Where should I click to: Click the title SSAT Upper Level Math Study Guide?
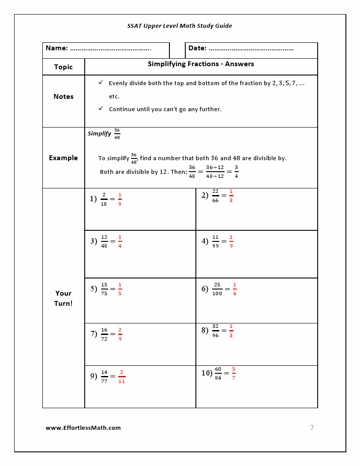(180, 26)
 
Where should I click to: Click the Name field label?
(57, 48)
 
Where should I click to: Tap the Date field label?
(197, 48)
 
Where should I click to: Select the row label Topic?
(63, 67)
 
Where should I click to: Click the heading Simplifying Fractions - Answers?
(201, 64)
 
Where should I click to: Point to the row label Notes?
(63, 97)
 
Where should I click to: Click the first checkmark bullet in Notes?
(101, 83)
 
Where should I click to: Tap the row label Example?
(63, 158)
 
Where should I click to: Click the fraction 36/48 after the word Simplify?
(117, 133)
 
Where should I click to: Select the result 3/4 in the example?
(236, 172)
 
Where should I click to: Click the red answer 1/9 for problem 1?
(120, 199)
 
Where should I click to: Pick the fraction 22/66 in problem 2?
(215, 195)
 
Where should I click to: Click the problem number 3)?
(94, 241)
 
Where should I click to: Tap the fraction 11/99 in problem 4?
(215, 241)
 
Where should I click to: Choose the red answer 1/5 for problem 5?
(120, 289)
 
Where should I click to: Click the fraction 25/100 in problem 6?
(217, 289)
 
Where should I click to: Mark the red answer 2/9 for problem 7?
(120, 334)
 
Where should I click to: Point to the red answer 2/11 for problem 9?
(121, 376)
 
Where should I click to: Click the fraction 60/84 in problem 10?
(218, 373)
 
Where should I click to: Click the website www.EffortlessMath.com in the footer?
(83, 428)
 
